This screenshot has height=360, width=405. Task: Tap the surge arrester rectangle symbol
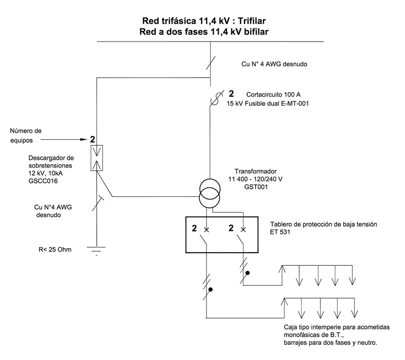(96, 157)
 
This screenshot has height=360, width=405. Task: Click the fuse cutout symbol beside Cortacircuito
(214, 99)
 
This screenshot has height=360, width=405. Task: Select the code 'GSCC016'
(44, 180)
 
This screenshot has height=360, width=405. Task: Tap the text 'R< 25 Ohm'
(53, 249)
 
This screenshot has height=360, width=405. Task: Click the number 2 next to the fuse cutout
(232, 94)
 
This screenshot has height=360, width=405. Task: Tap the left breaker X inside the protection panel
(206, 230)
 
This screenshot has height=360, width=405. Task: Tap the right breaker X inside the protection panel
(243, 230)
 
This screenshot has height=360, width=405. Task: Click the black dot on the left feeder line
(210, 290)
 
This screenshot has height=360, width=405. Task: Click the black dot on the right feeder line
(248, 273)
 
